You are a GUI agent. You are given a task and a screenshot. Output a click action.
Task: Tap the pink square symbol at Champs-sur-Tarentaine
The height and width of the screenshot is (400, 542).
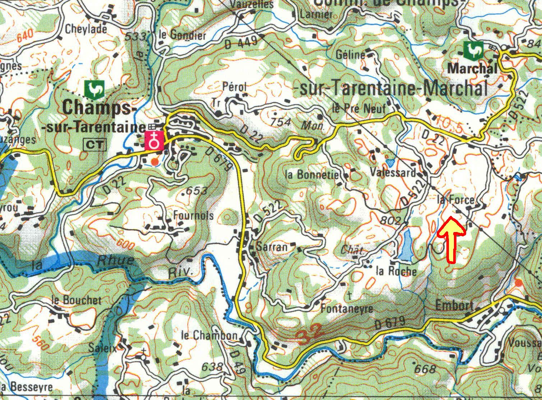click(154, 141)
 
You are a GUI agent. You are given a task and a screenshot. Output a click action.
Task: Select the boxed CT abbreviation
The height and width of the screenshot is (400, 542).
click(95, 145)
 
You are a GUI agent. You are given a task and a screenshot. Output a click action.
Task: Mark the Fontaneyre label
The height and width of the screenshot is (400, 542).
click(346, 308)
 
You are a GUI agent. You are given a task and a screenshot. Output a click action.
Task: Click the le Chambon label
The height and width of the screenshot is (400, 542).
click(210, 336)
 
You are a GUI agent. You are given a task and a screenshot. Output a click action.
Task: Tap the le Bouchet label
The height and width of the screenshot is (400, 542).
click(76, 300)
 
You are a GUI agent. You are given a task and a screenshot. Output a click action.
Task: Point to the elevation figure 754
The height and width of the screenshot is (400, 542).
click(281, 122)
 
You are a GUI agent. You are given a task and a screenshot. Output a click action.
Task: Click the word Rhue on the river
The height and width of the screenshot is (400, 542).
click(115, 260)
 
